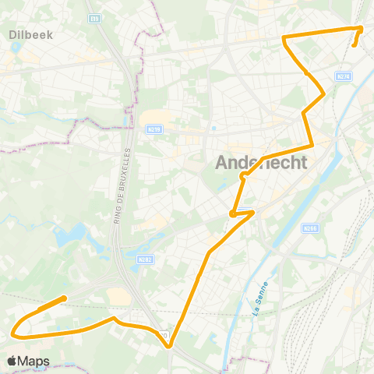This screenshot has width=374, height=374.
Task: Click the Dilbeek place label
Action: pos(29,34)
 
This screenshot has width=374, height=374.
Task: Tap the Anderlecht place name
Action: pos(261,163)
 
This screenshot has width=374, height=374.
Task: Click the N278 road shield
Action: pos(344,76)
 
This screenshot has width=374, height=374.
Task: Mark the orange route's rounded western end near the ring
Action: pos(63,298)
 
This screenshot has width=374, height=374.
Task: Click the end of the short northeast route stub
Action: pos(355,45)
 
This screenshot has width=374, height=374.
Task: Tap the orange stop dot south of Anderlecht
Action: pos(233,213)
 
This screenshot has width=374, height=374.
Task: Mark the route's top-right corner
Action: pos(362,28)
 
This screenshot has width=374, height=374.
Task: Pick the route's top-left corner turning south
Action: pos(283,37)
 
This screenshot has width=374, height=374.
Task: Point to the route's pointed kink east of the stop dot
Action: pos(254,211)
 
